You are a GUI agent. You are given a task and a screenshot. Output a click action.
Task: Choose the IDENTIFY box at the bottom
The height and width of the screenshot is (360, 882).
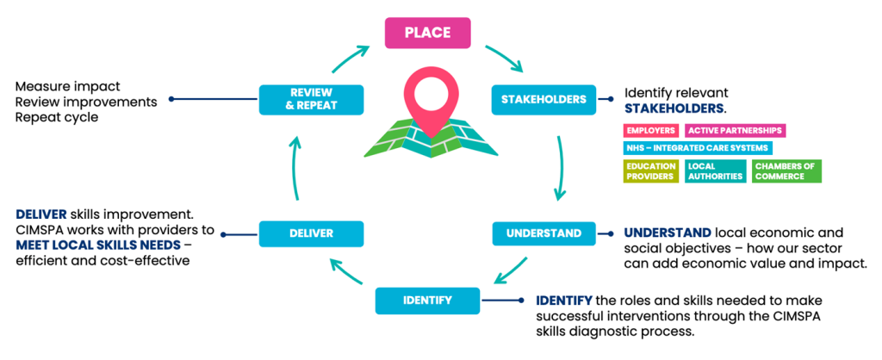coord(426,301)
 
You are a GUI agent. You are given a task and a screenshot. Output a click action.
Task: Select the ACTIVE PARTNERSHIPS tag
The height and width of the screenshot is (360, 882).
coord(735,131)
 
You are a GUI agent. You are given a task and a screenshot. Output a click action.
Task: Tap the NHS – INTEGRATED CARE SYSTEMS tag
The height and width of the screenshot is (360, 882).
coord(686,148)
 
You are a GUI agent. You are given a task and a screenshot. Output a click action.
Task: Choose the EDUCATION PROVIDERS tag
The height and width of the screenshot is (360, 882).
coord(650,171)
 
